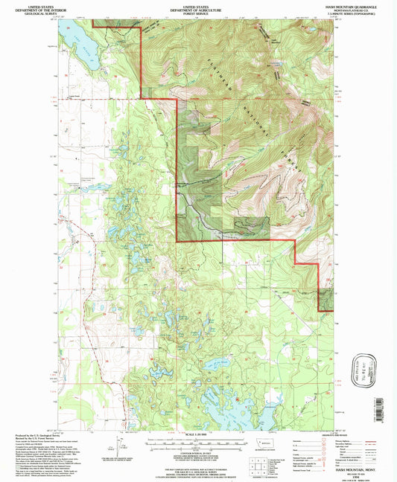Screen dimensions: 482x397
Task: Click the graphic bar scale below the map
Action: point(198,442)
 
